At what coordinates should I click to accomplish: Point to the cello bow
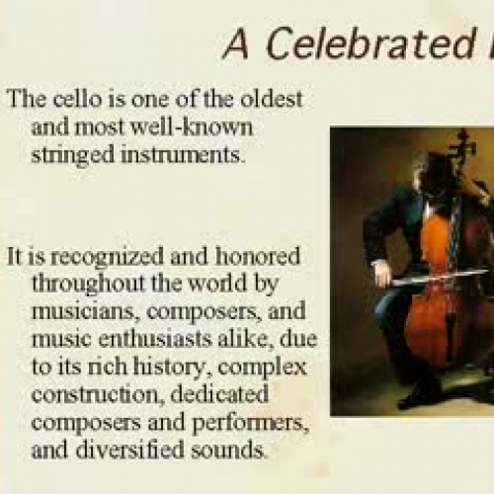(435, 277)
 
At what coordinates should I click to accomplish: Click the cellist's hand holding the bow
(379, 268)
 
